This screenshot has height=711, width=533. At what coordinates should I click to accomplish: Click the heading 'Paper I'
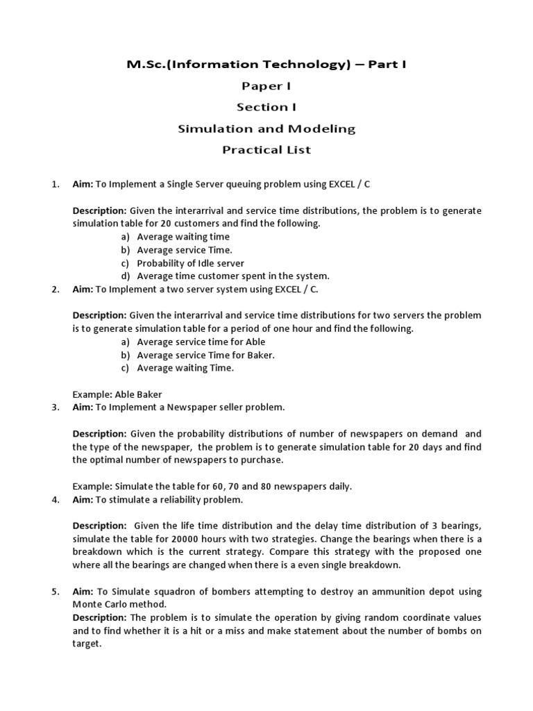coord(266,85)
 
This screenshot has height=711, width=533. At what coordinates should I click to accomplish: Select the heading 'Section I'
coord(266,107)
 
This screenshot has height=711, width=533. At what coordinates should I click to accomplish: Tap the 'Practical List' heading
coord(266,149)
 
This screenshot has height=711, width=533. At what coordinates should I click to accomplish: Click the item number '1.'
coord(56,184)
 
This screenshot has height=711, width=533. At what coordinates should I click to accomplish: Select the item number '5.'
coord(56,592)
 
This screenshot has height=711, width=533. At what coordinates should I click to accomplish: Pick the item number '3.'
coord(56,407)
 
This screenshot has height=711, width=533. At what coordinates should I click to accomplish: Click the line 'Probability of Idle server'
coord(190,262)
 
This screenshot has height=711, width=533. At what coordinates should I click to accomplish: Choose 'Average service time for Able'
coord(201,342)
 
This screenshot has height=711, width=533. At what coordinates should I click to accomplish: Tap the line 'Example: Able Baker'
coord(117,394)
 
